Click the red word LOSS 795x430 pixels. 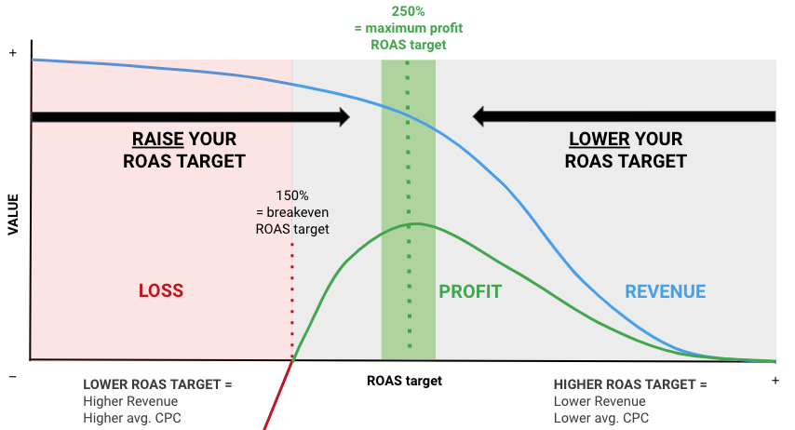click(161, 291)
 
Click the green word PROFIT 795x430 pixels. click(470, 291)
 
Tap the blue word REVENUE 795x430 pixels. click(665, 291)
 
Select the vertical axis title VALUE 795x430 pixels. click(13, 213)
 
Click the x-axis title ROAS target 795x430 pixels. click(404, 381)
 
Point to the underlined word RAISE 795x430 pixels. click(157, 140)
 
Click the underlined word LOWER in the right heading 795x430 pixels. click(600, 140)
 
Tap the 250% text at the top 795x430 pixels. click(408, 12)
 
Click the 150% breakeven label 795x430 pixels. click(292, 196)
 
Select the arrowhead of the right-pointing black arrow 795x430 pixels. click(343, 117)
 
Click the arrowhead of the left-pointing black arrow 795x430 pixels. click(480, 117)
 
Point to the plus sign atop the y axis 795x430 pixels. click(13, 54)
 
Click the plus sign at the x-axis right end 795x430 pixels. click(775, 381)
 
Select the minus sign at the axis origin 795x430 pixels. click(13, 376)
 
